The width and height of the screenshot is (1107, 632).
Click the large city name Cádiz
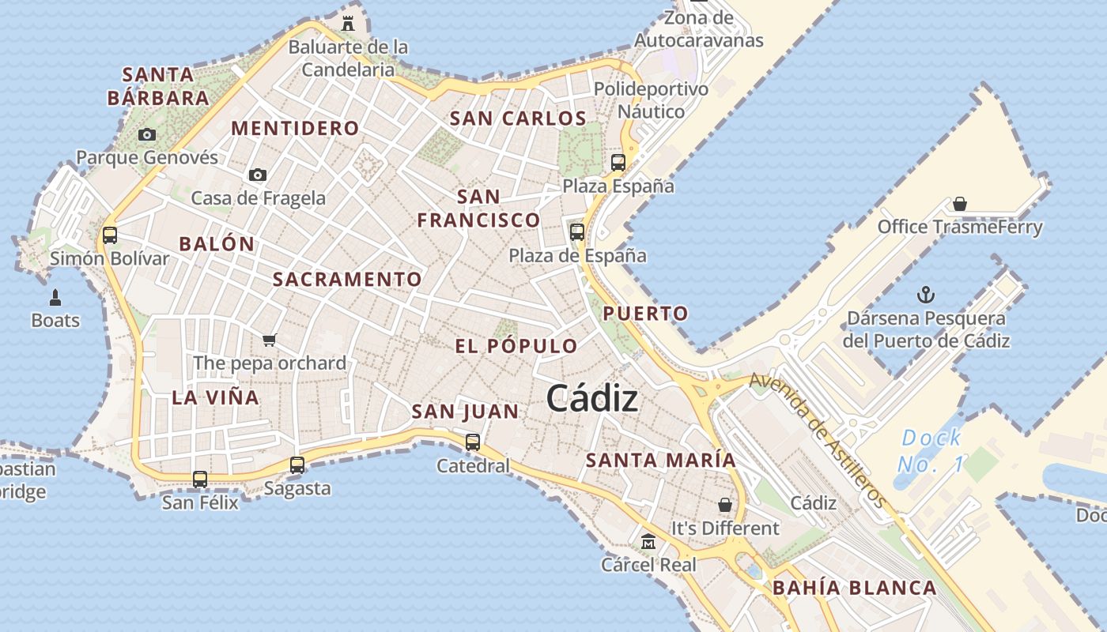591,398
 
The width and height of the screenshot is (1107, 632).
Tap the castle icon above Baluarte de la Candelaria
348,23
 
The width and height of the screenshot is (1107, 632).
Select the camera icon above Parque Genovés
146,135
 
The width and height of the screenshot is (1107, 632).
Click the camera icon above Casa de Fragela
257,175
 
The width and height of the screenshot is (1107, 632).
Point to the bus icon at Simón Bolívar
110,235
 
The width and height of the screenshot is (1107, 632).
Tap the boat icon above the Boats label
55,298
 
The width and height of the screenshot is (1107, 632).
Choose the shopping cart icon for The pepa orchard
270,340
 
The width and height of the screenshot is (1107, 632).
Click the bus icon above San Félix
200,479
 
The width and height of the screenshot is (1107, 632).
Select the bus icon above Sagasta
297,465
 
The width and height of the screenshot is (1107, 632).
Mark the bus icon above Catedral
473,442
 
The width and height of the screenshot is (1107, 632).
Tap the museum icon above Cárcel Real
648,542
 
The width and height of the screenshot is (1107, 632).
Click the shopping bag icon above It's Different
724,504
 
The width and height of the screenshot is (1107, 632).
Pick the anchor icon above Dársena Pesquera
925,295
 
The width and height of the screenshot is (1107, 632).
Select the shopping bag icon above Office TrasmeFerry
960,204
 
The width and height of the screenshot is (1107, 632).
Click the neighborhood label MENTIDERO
295,128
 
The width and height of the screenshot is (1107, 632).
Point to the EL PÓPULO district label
516,346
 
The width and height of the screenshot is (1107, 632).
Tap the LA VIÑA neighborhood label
215,397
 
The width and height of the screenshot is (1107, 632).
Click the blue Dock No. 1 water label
931,450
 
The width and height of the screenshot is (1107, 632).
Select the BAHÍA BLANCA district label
854,588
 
